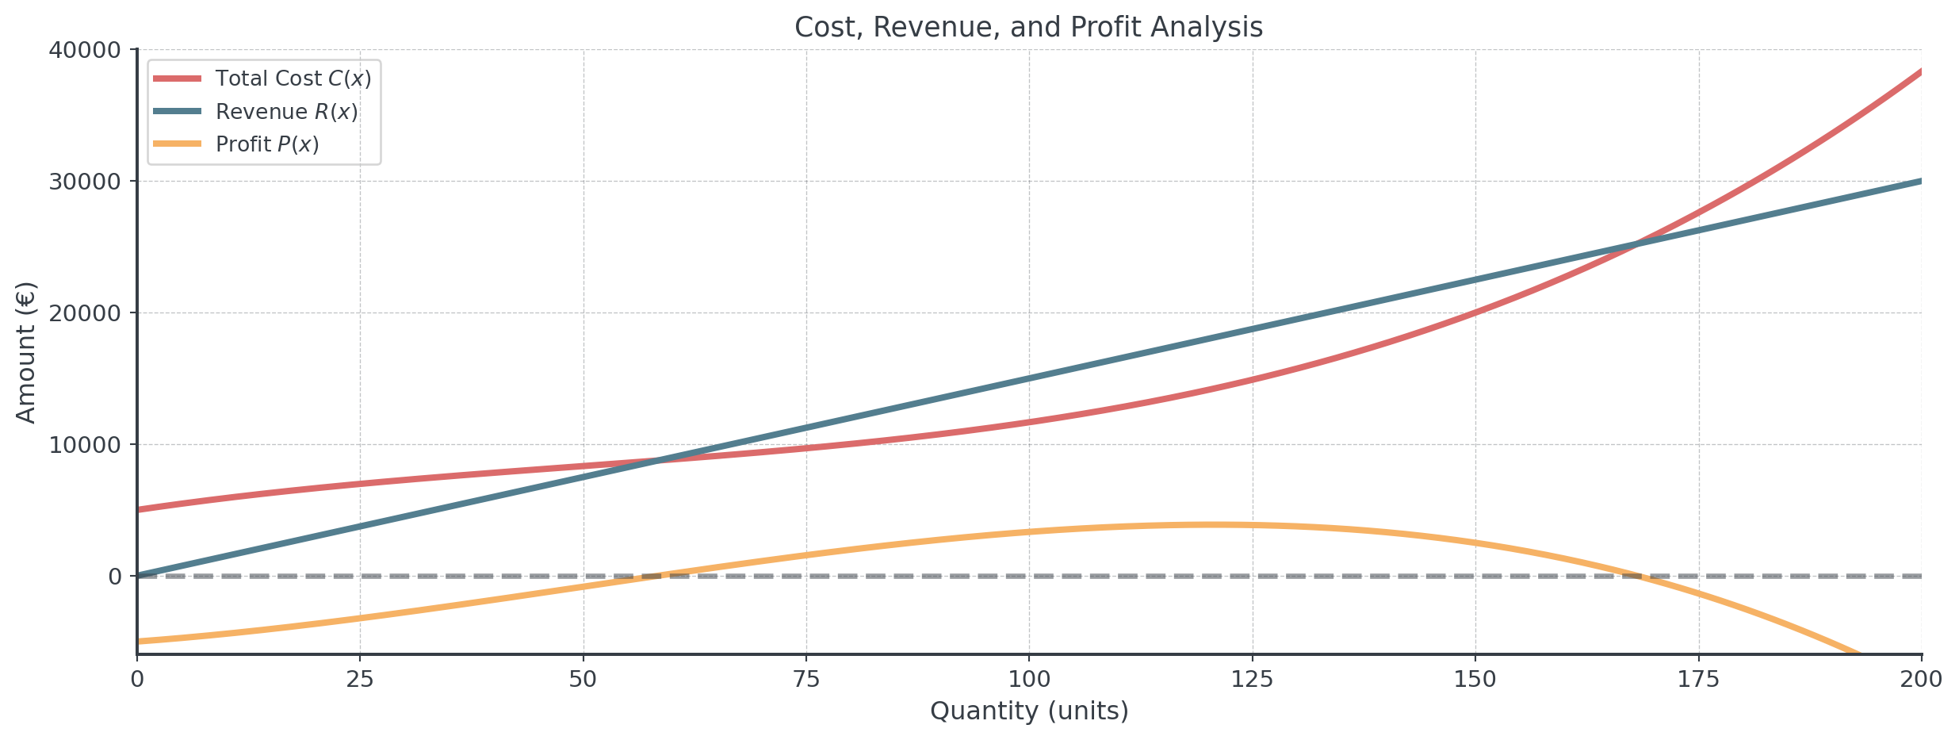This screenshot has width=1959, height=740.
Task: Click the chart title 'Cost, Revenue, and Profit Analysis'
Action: click(x=1028, y=28)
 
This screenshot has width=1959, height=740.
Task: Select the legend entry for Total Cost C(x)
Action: click(x=293, y=79)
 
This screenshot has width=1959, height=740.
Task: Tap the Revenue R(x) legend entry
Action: click(x=286, y=112)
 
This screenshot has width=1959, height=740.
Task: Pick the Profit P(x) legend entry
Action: click(x=267, y=144)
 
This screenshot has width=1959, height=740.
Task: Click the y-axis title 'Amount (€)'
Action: click(x=26, y=352)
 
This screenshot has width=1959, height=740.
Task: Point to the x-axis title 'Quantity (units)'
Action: click(x=1028, y=711)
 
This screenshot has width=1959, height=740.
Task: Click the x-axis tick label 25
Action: click(x=360, y=680)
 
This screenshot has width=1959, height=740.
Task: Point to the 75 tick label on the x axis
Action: click(x=806, y=680)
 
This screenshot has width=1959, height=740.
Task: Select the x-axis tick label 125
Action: click(x=1253, y=680)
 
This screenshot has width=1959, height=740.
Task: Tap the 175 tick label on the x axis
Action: click(x=1699, y=680)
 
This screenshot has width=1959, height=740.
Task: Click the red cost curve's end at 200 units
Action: click(x=1921, y=71)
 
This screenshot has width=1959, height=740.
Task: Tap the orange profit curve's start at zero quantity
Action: click(x=138, y=641)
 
